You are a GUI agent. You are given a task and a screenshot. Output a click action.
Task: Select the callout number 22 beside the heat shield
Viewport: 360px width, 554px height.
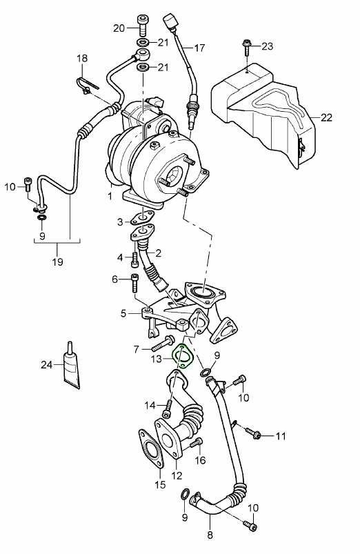point(326,117)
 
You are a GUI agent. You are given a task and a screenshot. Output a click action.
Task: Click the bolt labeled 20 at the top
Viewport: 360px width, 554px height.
point(142,25)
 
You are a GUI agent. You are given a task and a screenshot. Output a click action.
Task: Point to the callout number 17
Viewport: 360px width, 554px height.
point(199,48)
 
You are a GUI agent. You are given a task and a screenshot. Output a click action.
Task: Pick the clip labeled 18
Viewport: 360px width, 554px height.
point(87,87)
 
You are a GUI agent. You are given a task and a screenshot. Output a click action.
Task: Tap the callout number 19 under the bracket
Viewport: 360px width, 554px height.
point(57,261)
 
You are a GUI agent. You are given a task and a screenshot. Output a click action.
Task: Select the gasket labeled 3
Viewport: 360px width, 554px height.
point(142,218)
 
